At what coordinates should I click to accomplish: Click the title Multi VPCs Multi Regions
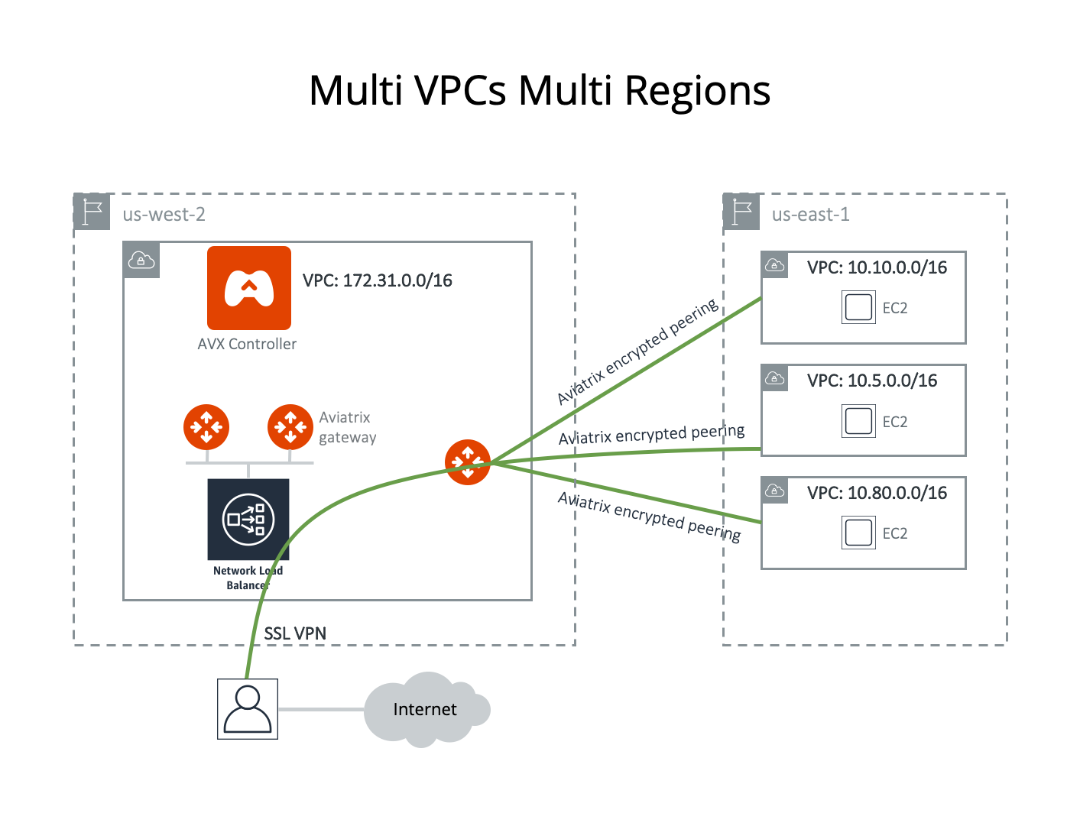click(540, 91)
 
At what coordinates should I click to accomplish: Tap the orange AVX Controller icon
click(248, 288)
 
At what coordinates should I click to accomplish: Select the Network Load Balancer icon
click(248, 520)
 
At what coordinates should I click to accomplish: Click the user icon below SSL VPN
click(247, 709)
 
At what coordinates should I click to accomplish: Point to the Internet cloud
click(425, 710)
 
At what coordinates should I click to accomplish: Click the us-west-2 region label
click(164, 215)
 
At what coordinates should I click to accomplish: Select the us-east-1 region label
click(810, 215)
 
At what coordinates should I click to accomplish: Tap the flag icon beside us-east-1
click(741, 212)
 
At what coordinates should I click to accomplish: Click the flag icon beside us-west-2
click(92, 212)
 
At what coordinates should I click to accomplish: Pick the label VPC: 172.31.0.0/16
click(377, 281)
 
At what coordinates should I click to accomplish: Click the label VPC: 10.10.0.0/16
click(877, 267)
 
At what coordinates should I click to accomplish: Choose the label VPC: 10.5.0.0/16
click(872, 381)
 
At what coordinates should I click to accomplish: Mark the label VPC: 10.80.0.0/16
click(877, 493)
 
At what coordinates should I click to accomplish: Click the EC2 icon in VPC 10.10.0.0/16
click(858, 307)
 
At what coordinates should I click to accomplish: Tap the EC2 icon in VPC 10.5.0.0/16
click(858, 421)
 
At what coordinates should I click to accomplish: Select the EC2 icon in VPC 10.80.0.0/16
click(858, 533)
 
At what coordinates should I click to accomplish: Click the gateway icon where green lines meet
click(467, 462)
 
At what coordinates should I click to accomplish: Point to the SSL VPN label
click(295, 633)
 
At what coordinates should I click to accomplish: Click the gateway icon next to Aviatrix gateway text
click(290, 427)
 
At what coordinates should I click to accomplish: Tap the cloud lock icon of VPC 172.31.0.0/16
click(141, 261)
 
